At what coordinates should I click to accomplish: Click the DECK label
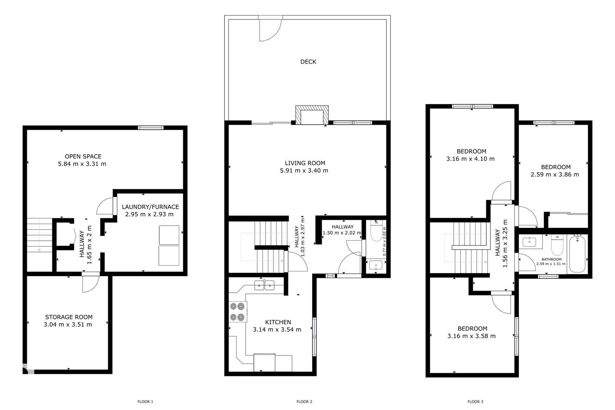pyautogui.click(x=308, y=62)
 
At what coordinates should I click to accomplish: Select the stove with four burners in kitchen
pyautogui.click(x=237, y=311)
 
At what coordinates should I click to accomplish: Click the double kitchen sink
pyautogui.click(x=264, y=285)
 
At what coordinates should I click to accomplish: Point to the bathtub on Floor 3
pyautogui.click(x=577, y=253)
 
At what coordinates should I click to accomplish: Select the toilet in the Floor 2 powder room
pyautogui.click(x=376, y=231)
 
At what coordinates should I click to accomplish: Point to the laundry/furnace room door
pyautogui.click(x=106, y=206)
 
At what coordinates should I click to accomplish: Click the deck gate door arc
pyautogui.click(x=270, y=30)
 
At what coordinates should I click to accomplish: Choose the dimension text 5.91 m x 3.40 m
pyautogui.click(x=304, y=170)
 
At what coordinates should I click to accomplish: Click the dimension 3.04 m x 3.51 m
pyautogui.click(x=68, y=325)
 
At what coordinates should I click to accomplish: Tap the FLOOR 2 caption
pyautogui.click(x=304, y=401)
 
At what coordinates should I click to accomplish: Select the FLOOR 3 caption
pyautogui.click(x=475, y=401)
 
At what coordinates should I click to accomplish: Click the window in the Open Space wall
pyautogui.click(x=151, y=128)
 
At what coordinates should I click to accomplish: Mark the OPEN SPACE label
pyautogui.click(x=83, y=156)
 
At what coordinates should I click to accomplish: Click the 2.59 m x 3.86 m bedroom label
pyautogui.click(x=555, y=175)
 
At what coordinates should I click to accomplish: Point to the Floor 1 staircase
pyautogui.click(x=39, y=236)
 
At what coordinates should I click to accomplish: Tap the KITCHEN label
pyautogui.click(x=278, y=322)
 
